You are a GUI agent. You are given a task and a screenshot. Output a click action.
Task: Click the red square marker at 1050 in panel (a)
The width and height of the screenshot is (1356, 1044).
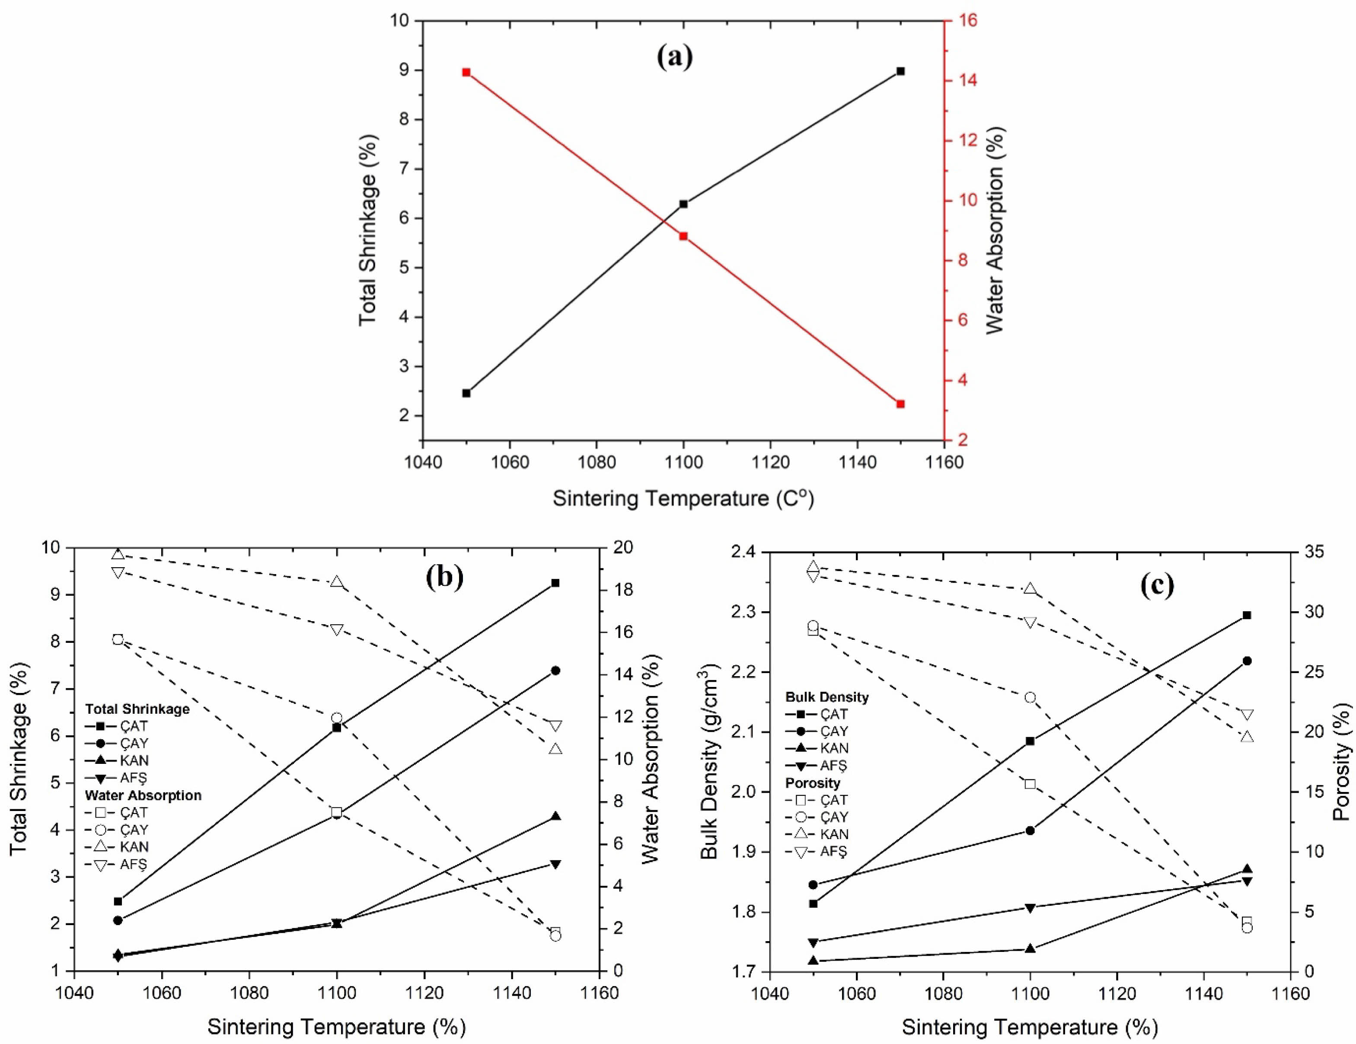click(466, 73)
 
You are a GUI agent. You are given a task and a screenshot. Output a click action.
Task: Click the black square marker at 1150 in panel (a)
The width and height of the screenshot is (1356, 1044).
click(900, 71)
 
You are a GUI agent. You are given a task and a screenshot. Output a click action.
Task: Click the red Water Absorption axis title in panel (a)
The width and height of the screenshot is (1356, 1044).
click(995, 230)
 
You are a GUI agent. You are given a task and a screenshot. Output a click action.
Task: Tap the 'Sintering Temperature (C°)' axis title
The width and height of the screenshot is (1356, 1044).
click(683, 499)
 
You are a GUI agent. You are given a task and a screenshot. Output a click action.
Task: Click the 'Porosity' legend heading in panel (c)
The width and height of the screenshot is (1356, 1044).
click(813, 783)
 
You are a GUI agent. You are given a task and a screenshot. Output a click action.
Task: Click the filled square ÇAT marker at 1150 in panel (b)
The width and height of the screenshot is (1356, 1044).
click(555, 583)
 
